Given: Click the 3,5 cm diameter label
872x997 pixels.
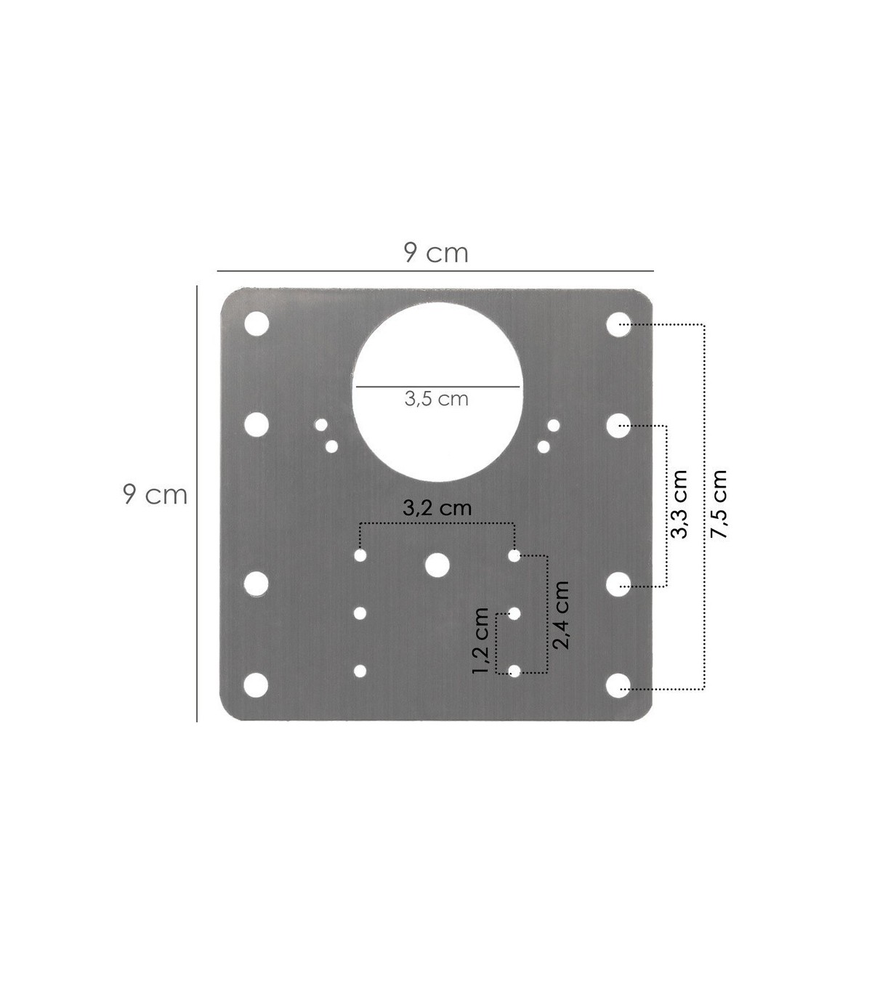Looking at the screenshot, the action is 436,399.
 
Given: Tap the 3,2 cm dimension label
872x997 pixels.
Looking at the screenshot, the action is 437,508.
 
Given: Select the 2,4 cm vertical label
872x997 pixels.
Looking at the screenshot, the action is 561,615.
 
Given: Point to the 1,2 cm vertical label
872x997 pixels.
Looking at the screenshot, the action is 480,640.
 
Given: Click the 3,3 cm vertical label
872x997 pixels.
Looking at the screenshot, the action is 679,504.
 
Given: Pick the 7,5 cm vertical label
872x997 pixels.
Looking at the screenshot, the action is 719,504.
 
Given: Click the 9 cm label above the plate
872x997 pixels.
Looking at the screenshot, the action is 436,253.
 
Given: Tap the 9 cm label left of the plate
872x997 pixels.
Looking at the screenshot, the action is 155,495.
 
